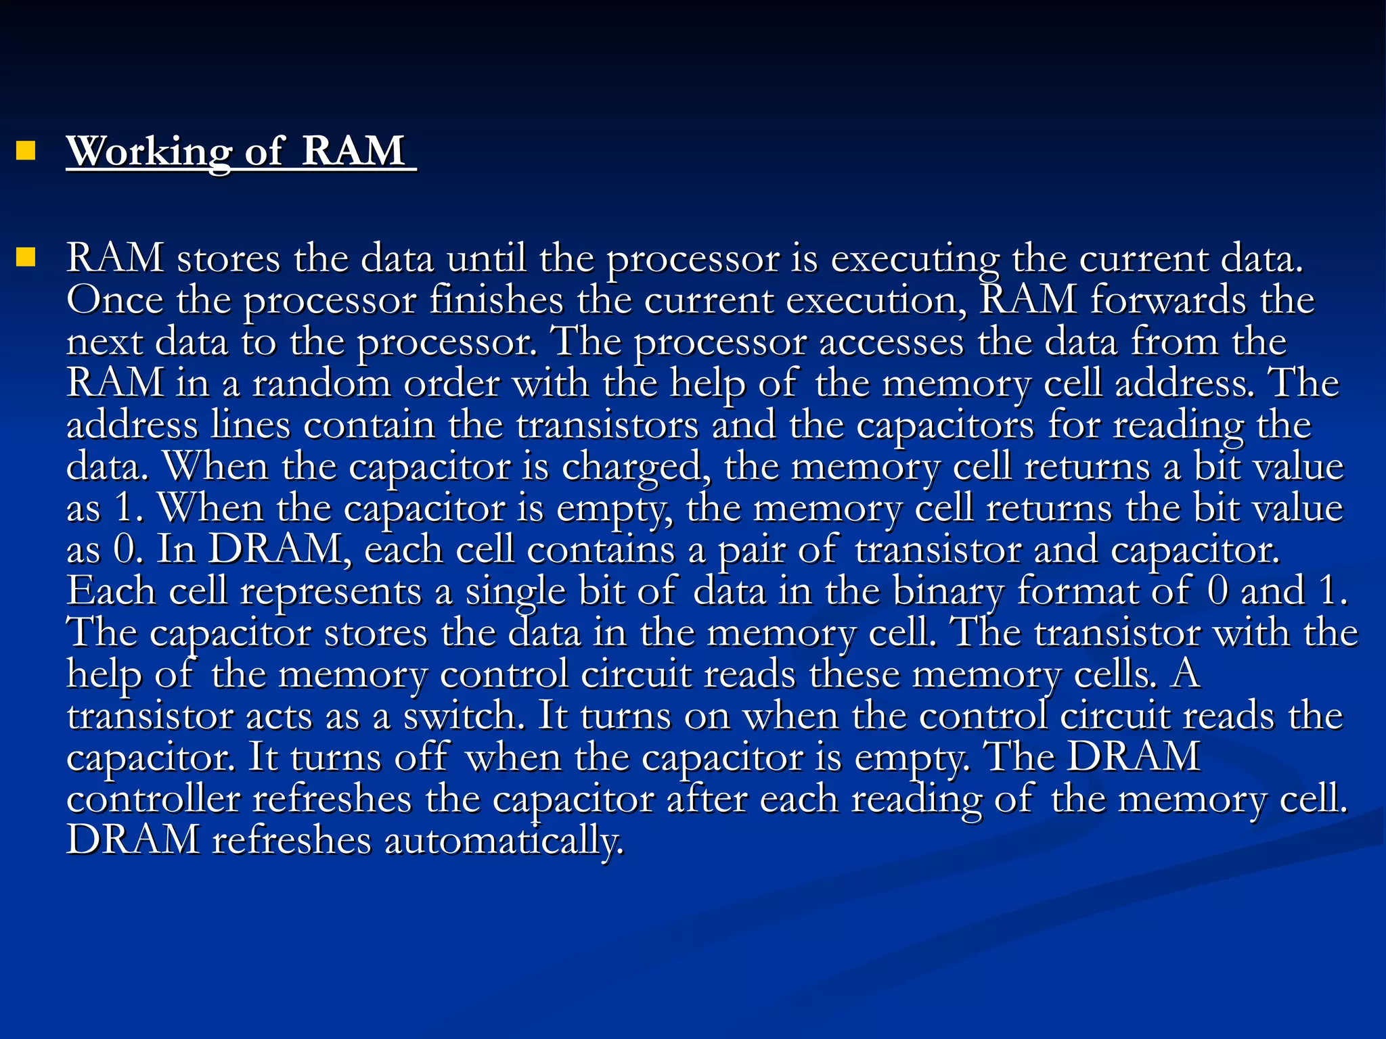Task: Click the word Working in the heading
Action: pos(148,152)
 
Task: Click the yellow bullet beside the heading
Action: pos(26,150)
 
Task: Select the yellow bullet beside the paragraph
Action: pos(26,258)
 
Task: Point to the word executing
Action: pos(914,259)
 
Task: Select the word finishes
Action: pos(496,300)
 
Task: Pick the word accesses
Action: pos(891,342)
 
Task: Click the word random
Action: pos(321,384)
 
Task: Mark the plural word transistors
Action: pos(607,425)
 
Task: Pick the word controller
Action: pos(153,800)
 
